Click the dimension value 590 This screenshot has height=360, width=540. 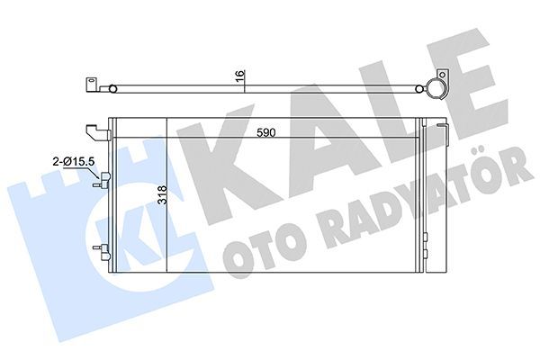(x=267, y=132)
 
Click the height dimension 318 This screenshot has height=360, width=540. (x=161, y=196)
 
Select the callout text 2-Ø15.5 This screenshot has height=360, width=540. (x=76, y=161)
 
